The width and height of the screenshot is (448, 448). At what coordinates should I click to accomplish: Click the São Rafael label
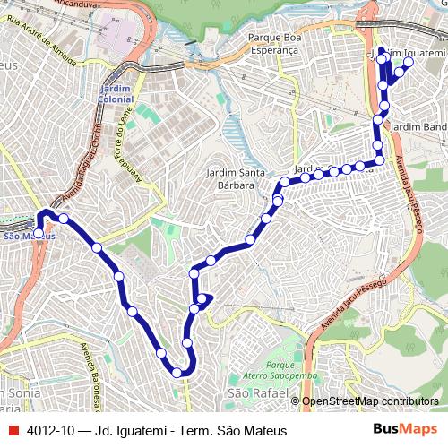tap(250, 393)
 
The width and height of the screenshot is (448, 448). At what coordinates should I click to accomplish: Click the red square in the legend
tap(13, 430)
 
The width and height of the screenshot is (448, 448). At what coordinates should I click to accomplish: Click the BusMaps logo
tap(405, 429)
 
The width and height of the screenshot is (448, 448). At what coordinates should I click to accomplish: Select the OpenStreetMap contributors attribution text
tap(370, 401)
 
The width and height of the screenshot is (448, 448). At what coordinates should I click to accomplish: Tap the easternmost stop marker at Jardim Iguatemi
tap(408, 63)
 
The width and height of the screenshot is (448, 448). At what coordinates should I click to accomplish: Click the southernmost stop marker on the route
tap(177, 372)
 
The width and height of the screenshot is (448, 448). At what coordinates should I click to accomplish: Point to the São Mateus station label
tap(29, 237)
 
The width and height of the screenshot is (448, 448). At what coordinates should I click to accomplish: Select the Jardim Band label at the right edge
tap(418, 128)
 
